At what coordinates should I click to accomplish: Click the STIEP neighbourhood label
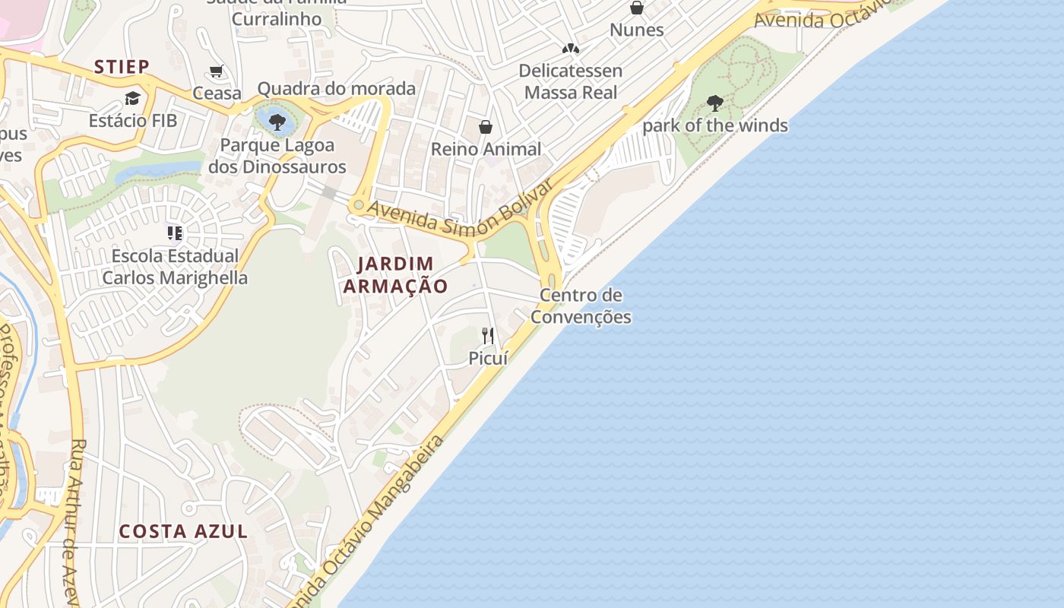pyautogui.click(x=122, y=67)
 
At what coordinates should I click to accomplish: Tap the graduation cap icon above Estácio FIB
pyautogui.click(x=133, y=98)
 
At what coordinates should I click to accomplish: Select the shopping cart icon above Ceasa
pyautogui.click(x=217, y=71)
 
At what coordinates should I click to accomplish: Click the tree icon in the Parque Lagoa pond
pyautogui.click(x=277, y=122)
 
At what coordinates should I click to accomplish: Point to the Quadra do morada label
pyautogui.click(x=337, y=88)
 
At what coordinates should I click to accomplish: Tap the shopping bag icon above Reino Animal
pyautogui.click(x=486, y=127)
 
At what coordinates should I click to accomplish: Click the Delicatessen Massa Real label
pyautogui.click(x=571, y=81)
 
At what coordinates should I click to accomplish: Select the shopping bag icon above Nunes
pyautogui.click(x=637, y=8)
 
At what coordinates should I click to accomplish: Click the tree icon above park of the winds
pyautogui.click(x=714, y=103)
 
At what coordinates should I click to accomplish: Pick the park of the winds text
pyautogui.click(x=715, y=125)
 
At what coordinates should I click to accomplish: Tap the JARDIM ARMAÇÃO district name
pyautogui.click(x=395, y=275)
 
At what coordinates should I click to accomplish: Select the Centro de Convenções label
pyautogui.click(x=581, y=306)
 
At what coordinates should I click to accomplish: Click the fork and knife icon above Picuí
pyautogui.click(x=488, y=335)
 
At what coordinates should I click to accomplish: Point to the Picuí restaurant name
pyautogui.click(x=488, y=358)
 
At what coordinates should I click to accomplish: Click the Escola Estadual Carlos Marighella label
pyautogui.click(x=175, y=267)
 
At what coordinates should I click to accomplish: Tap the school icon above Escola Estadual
pyautogui.click(x=175, y=233)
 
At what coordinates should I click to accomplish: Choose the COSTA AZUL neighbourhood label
pyautogui.click(x=183, y=531)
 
